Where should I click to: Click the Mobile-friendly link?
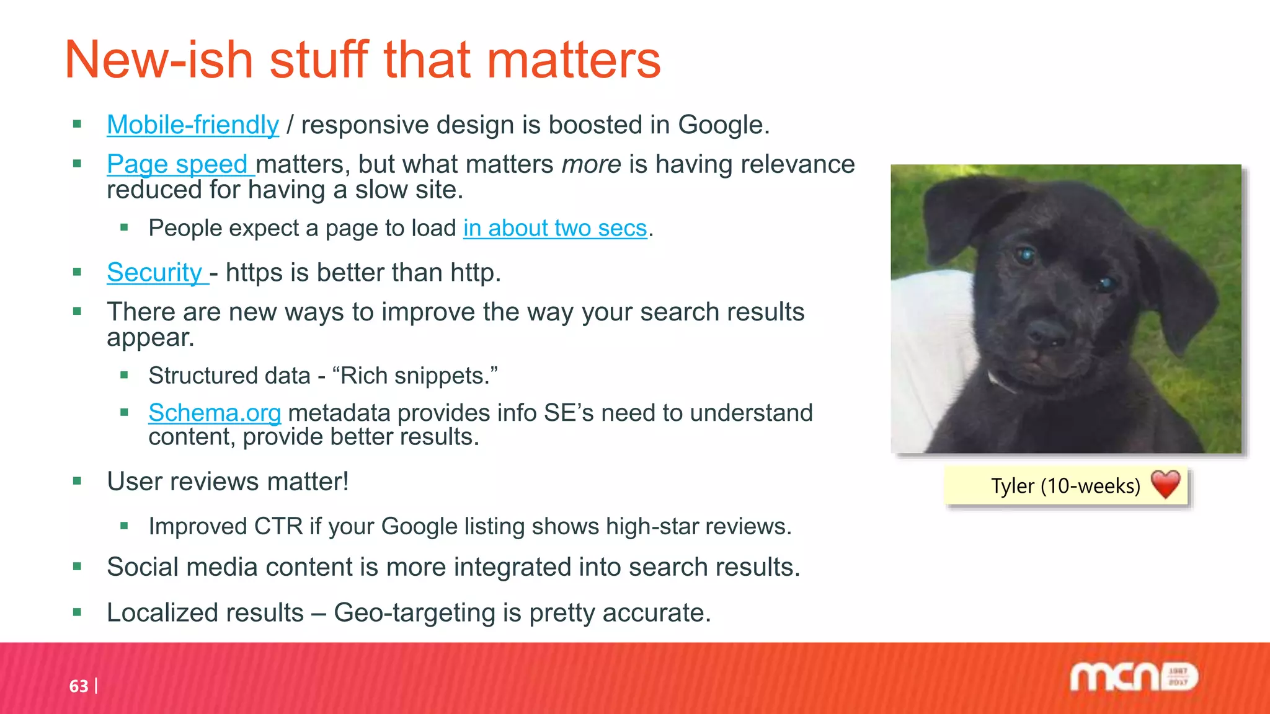coord(193,125)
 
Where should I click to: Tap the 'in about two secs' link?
coord(555,229)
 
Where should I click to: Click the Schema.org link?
coord(215,413)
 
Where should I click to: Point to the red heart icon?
coord(1165,484)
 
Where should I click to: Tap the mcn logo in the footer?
coord(1133,677)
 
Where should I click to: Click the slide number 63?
coord(79,686)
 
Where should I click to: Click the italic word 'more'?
coord(591,164)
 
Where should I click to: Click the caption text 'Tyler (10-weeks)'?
coord(1065,486)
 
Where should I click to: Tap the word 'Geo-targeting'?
coord(414,613)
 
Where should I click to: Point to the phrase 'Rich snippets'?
coord(414,376)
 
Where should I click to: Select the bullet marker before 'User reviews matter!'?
coord(77,481)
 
